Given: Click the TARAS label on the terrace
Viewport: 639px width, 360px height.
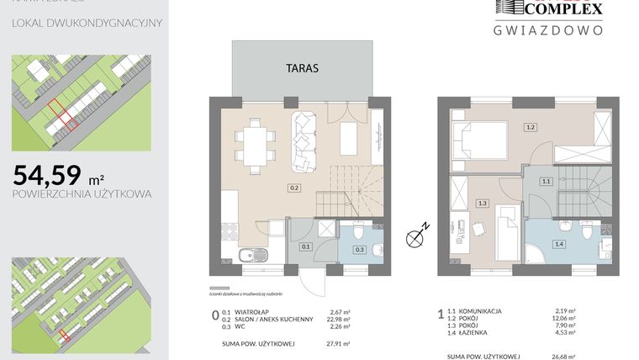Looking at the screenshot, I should tap(302, 69).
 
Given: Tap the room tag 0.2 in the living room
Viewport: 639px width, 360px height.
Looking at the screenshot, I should tap(294, 188).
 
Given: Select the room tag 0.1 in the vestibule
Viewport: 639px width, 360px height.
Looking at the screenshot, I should tap(306, 246).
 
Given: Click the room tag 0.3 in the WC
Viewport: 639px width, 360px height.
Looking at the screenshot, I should tap(359, 249).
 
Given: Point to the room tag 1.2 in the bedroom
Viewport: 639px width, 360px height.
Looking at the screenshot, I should tap(530, 128).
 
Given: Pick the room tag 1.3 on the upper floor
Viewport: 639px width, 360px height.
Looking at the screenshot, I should tap(482, 203).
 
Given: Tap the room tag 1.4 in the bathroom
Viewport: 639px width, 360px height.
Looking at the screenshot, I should tap(558, 243).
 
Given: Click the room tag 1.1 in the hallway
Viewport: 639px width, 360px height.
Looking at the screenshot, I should tap(545, 181).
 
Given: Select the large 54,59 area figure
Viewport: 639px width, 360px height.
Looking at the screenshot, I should tap(47, 175).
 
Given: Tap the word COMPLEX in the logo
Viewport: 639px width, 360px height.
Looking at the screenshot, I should tap(563, 8).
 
